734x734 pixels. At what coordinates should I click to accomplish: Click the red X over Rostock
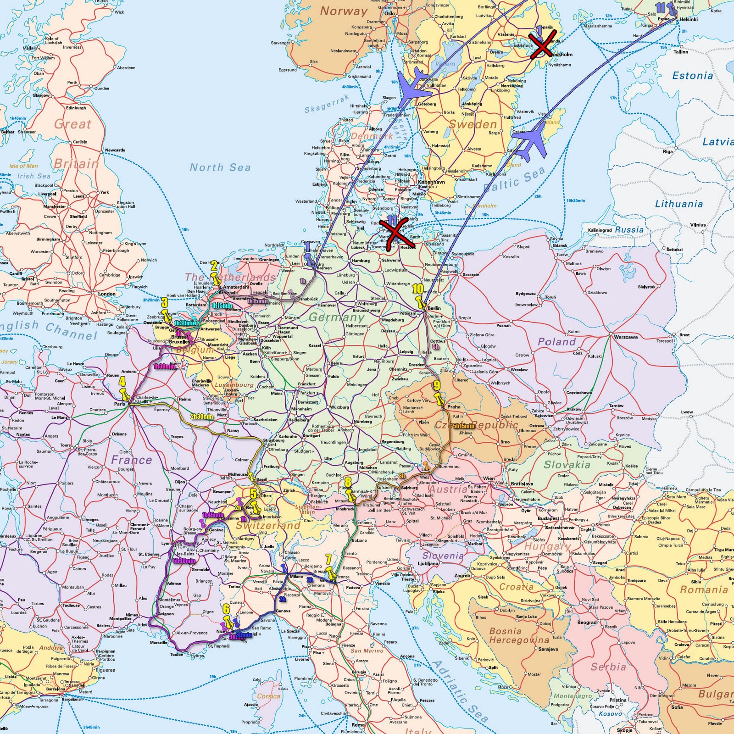[394, 234]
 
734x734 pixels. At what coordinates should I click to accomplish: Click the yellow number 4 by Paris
[122, 382]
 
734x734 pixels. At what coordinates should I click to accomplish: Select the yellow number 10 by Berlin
[417, 289]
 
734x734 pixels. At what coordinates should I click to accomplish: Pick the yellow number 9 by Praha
[437, 385]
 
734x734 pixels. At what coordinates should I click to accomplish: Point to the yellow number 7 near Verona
[328, 559]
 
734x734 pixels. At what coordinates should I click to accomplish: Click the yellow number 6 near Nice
[226, 609]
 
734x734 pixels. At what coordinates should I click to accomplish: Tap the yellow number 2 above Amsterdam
[214, 266]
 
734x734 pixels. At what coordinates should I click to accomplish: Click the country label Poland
[556, 342]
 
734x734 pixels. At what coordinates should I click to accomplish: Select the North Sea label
[220, 167]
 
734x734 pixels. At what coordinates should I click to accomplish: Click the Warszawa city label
[626, 337]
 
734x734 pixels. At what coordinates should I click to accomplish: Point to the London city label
[106, 294]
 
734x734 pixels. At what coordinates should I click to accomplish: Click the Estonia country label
[692, 76]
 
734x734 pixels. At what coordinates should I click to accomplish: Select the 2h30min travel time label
[202, 417]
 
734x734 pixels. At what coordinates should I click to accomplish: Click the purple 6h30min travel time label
[184, 561]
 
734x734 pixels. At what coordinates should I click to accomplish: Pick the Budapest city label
[548, 518]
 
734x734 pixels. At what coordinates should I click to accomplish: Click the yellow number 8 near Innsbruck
[348, 482]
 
